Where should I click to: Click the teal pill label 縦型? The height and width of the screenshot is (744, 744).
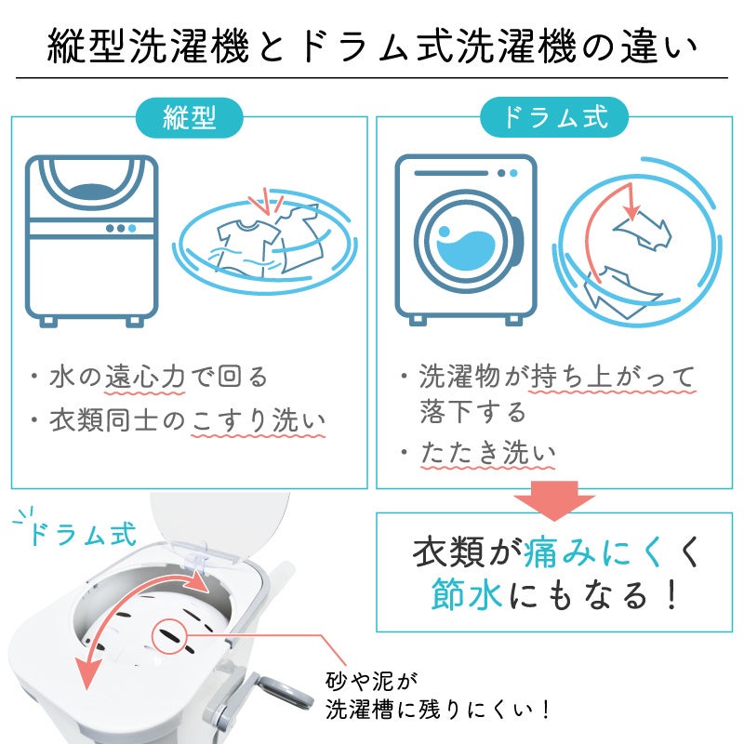[190, 118]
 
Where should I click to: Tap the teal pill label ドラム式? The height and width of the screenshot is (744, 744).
[554, 117]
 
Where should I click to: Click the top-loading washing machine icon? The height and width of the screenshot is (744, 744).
[91, 241]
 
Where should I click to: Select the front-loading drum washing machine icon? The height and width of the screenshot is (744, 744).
[466, 240]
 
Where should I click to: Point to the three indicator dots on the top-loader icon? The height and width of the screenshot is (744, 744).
[121, 228]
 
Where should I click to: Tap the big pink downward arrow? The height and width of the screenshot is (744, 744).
[554, 500]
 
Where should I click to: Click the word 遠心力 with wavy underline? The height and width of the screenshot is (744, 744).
[145, 379]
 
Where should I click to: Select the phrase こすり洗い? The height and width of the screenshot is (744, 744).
[259, 422]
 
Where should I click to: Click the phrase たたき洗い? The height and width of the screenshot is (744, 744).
[487, 453]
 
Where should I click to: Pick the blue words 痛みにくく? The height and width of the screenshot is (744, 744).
[592, 551]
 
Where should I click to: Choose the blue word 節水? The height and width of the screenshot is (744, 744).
[467, 594]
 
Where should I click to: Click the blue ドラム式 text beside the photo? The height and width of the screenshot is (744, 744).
[84, 534]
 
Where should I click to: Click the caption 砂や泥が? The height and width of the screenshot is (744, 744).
[371, 682]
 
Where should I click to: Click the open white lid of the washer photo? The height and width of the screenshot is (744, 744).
[219, 526]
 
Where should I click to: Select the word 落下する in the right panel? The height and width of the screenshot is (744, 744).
[473, 411]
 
